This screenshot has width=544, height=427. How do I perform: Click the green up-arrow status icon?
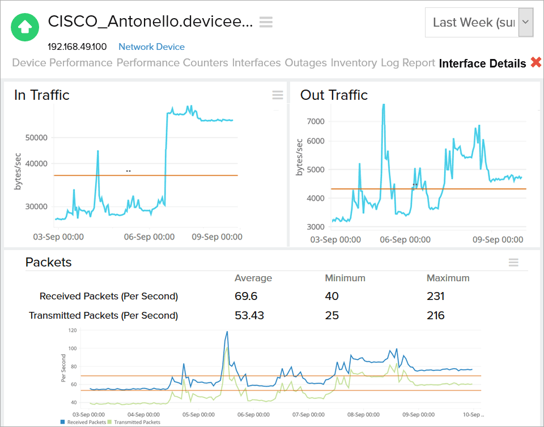[x=25, y=27]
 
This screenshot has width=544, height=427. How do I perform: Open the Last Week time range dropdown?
[x=479, y=23]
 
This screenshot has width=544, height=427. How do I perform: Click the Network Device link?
[x=151, y=47]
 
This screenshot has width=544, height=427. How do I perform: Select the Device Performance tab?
[x=62, y=63]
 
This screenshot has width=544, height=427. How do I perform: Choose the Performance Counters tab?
[x=172, y=63]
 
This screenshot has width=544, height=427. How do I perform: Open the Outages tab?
[x=305, y=63]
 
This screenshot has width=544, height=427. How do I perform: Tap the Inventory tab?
[x=354, y=63]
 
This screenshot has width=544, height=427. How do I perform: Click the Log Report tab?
[x=407, y=63]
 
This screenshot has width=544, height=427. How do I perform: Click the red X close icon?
[x=535, y=63]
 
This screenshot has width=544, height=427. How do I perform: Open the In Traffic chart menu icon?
[x=278, y=95]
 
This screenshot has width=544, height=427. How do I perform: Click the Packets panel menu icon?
[x=513, y=262]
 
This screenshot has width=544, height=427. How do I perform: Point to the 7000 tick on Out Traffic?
[x=315, y=121]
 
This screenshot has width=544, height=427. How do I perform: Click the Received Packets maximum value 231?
[x=435, y=296]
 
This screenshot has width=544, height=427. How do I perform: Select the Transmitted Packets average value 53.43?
[x=249, y=315]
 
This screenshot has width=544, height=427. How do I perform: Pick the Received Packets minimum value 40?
[x=331, y=296]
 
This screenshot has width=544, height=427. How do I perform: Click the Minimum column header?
[x=345, y=278]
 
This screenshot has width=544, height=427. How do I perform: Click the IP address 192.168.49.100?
[x=77, y=47]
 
